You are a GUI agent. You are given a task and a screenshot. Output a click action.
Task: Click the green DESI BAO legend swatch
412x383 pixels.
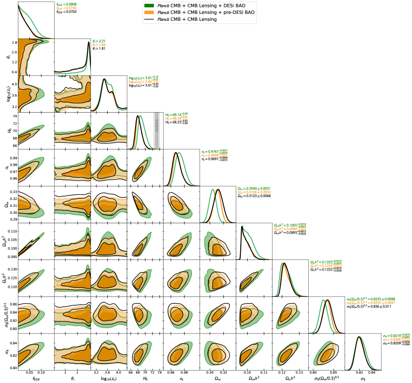click(x=148, y=5)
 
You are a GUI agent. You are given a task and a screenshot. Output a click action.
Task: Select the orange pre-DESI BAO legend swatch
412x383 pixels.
click(x=148, y=11)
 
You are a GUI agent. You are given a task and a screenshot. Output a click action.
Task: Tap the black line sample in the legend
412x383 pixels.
click(x=148, y=18)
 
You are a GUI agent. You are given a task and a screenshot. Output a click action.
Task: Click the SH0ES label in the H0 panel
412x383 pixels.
click(x=156, y=128)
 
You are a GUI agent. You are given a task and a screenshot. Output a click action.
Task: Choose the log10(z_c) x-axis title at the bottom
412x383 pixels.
click(x=108, y=380)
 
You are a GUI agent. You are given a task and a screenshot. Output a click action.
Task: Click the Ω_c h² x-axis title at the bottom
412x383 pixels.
click(x=290, y=380)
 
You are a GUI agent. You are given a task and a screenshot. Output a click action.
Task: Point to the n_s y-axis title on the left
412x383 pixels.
click(x=5, y=167)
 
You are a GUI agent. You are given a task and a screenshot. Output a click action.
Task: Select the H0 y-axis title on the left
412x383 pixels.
click(x=5, y=130)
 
